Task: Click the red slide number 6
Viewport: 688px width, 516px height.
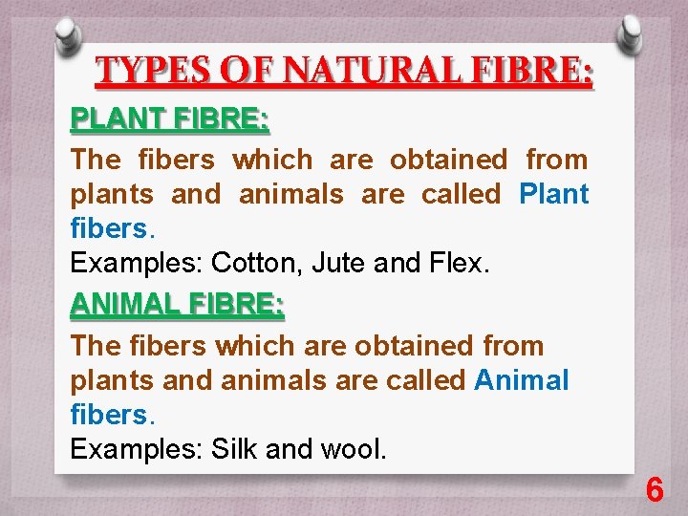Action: tap(655, 490)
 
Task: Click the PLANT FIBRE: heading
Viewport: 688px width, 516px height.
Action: tap(170, 121)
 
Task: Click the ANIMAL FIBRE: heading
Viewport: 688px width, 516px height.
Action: tap(178, 306)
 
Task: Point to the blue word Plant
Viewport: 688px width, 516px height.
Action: tap(554, 195)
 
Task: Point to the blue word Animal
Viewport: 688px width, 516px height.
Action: tap(522, 380)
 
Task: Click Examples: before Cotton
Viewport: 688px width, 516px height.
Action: tap(136, 264)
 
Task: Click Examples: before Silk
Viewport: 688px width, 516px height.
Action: tap(136, 449)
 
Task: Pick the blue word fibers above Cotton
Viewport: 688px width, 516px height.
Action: tap(110, 229)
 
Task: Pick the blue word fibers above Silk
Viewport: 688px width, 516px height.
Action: tap(110, 415)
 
